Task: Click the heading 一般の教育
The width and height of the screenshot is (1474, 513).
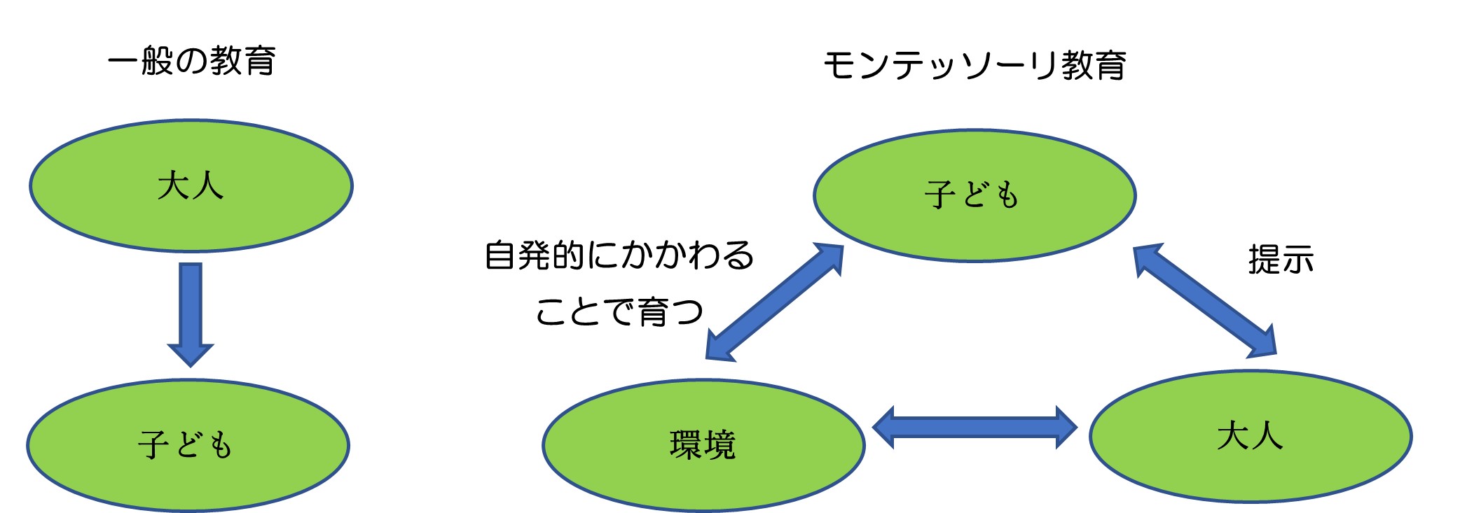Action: pos(191,61)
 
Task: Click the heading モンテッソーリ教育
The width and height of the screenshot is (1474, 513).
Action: pos(974,66)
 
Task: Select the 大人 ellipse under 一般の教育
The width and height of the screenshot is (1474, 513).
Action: pos(191,186)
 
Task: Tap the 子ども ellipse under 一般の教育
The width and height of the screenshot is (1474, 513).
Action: pos(188,445)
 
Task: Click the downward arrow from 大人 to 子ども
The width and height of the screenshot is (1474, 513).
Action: pos(191,311)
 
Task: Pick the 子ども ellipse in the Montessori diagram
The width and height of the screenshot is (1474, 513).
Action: pos(974,195)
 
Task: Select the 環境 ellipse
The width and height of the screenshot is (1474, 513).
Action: pos(703,445)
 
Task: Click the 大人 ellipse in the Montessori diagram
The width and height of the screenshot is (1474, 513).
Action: pos(1251,436)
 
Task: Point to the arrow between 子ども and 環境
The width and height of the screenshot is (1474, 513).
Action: pos(774,302)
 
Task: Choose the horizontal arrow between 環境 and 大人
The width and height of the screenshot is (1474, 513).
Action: pos(974,427)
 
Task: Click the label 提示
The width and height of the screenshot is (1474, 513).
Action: pos(1281,260)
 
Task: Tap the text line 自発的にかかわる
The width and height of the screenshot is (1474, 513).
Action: pos(619,255)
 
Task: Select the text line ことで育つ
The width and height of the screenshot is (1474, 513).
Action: pos(619,311)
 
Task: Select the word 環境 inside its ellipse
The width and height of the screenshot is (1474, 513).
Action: pos(703,445)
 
